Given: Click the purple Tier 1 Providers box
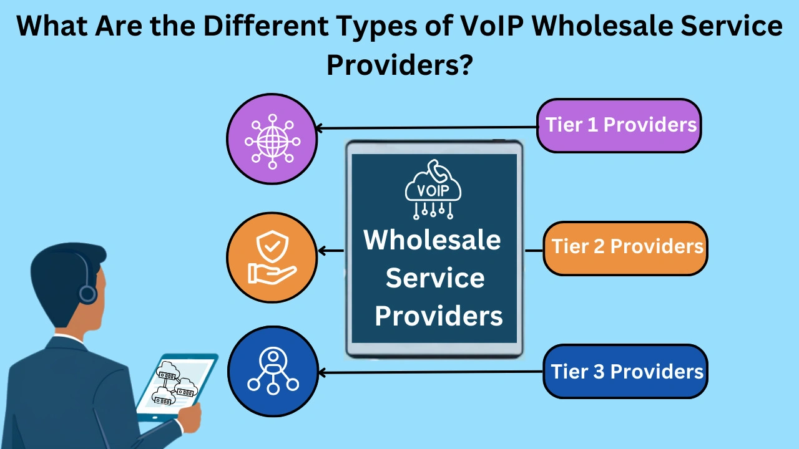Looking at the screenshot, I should pyautogui.click(x=619, y=125).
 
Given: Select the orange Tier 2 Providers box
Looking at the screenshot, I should pyautogui.click(x=625, y=248).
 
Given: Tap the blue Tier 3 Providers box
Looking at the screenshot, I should pyautogui.click(x=625, y=372).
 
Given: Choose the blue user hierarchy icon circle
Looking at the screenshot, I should pyautogui.click(x=273, y=372).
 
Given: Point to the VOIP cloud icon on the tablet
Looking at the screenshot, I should pyautogui.click(x=433, y=190).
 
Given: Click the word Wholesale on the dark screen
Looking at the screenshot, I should pyautogui.click(x=433, y=240).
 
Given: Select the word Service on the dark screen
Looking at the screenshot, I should pyautogui.click(x=435, y=278).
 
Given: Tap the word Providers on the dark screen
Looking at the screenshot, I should pyautogui.click(x=439, y=316).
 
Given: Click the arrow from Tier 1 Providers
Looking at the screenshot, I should pyautogui.click(x=424, y=128).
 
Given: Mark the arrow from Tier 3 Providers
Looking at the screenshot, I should pyautogui.click(x=431, y=373).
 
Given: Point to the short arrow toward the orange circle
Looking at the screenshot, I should pyautogui.click(x=331, y=251).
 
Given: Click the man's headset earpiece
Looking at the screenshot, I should pyautogui.click(x=87, y=293).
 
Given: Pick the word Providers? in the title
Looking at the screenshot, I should pyautogui.click(x=398, y=65).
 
